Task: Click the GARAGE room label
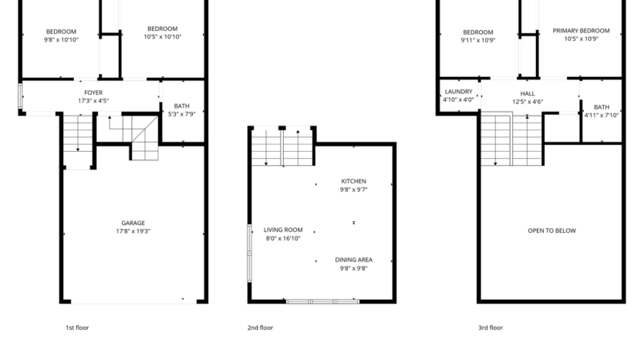[x=133, y=223]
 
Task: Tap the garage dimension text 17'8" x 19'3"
[x=133, y=230]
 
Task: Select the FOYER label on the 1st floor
[x=93, y=93]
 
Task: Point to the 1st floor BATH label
[x=182, y=106]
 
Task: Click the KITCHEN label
[x=353, y=181]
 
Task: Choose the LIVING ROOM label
[x=283, y=230]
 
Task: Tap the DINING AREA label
[x=353, y=260]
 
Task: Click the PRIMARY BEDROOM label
[x=581, y=31]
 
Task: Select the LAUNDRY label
[x=458, y=92]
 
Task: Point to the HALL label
[x=528, y=93]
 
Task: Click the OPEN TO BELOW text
[x=551, y=230]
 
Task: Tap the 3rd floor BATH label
[x=602, y=107]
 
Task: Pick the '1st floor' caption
[x=77, y=328]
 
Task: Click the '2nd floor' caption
[x=260, y=328]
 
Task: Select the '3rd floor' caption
[x=490, y=328]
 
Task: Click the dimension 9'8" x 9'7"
[x=353, y=189]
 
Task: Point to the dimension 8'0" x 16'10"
[x=283, y=238]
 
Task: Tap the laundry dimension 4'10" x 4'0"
[x=458, y=99]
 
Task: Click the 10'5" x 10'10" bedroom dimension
[x=163, y=36]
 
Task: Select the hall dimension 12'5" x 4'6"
[x=528, y=100]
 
